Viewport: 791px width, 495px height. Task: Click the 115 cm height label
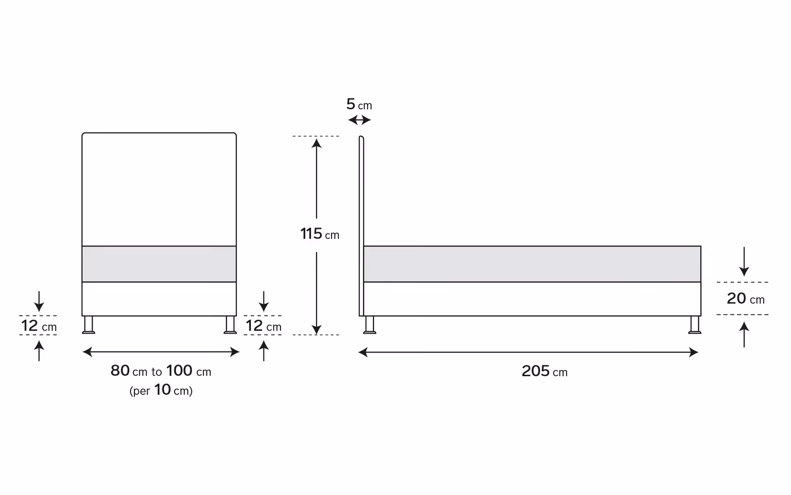coord(320,234)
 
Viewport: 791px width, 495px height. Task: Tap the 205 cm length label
coord(545,371)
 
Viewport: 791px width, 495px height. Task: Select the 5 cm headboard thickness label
coord(359,104)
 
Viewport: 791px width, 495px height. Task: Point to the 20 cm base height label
coord(746,298)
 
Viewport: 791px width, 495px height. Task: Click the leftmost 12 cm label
coord(39,326)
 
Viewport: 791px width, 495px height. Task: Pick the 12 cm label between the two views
coord(264,326)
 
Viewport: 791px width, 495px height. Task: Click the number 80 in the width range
coord(120,370)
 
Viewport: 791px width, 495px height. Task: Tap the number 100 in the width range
coord(179,370)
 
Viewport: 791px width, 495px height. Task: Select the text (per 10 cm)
coord(161,390)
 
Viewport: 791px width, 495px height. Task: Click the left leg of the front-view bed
coord(89,325)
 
